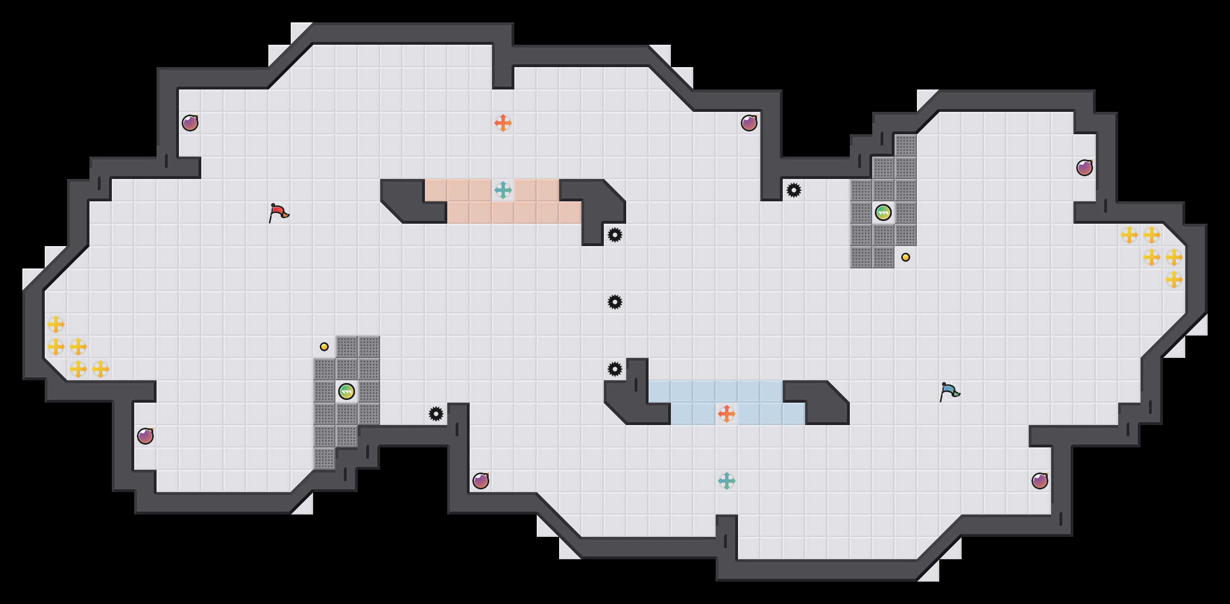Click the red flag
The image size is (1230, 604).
coord(278,213)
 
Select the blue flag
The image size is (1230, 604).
coord(949,391)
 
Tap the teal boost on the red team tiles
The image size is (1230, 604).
coord(503,190)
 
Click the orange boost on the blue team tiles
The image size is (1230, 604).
coord(726,414)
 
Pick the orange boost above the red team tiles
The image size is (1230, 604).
coord(503,123)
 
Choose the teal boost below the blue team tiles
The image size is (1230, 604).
coord(726,481)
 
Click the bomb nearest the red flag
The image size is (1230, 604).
coord(190,123)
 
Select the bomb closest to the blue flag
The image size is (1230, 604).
coord(1040,481)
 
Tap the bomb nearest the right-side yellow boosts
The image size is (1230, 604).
coord(1085,168)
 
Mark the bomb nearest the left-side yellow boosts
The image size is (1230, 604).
coord(145,436)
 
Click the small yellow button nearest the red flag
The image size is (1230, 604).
coord(324,347)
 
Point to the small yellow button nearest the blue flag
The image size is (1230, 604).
coord(906,257)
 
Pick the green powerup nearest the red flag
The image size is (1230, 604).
coord(347,391)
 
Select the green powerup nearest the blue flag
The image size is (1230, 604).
coord(883,213)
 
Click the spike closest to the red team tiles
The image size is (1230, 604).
coord(615,235)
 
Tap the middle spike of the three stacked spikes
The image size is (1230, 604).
coord(615,302)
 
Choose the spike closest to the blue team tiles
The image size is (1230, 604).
coord(615,369)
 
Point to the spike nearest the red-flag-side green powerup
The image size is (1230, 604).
coord(436,414)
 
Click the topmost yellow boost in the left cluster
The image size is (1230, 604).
coord(56,324)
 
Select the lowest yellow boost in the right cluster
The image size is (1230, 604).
coord(1174,280)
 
